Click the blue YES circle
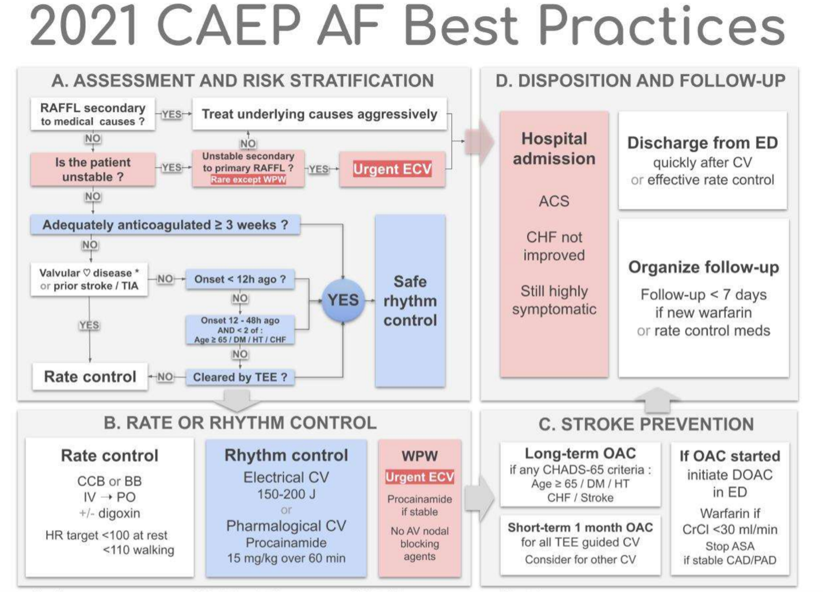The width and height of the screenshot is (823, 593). (343, 300)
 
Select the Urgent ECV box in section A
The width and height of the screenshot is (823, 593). (392, 169)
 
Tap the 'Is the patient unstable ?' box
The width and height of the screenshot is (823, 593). (93, 169)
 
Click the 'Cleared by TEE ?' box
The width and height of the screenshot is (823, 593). (239, 377)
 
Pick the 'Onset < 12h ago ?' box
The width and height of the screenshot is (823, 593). (239, 279)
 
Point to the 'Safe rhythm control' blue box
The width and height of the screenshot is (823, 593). (410, 301)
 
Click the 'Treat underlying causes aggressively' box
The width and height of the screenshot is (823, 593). (319, 114)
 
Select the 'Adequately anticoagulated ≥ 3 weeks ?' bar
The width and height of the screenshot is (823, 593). (165, 225)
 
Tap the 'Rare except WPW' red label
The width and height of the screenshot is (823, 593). (248, 180)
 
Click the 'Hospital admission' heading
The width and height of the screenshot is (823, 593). (554, 149)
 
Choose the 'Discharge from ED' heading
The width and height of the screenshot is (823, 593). (702, 143)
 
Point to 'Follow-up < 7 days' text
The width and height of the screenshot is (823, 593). (703, 295)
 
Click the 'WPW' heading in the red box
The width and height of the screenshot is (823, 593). (420, 456)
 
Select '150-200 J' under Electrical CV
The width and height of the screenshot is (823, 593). (286, 494)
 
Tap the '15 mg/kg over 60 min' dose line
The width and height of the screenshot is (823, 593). (286, 558)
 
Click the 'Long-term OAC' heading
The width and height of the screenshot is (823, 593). (580, 454)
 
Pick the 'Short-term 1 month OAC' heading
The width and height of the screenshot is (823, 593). (580, 527)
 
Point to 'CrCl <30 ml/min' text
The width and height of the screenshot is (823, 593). (729, 530)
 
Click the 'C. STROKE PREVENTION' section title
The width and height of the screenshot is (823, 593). (646, 425)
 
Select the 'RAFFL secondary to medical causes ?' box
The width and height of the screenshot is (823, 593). (93, 114)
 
